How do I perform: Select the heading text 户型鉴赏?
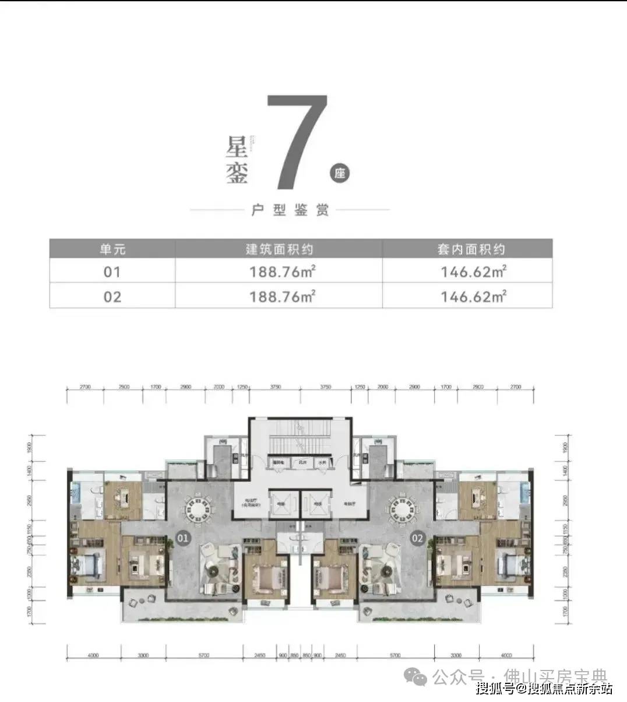(290, 210)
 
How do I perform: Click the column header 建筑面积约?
(279, 250)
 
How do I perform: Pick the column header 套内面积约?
(471, 250)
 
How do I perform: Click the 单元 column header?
(112, 250)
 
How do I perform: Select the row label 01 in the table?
(112, 272)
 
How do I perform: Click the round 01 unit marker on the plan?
(183, 538)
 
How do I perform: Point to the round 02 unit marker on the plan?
(417, 538)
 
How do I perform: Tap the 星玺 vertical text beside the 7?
(237, 161)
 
